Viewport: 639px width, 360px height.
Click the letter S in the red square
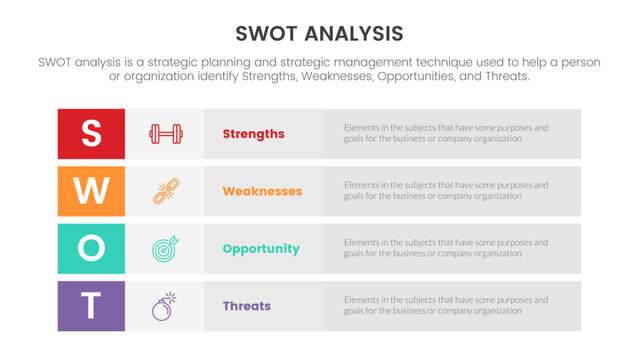(x=91, y=134)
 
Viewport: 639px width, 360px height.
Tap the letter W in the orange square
(x=91, y=191)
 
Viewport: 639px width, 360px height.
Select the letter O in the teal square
(x=91, y=248)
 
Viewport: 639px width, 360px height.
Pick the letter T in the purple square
(x=91, y=306)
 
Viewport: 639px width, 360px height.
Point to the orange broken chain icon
(x=164, y=191)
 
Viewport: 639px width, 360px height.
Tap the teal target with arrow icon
(x=164, y=248)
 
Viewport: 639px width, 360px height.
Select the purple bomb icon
(x=164, y=306)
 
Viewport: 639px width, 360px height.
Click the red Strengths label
(x=253, y=134)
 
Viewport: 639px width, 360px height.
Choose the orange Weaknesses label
(x=262, y=191)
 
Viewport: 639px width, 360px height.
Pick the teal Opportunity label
(x=260, y=249)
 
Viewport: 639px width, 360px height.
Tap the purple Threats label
(x=246, y=306)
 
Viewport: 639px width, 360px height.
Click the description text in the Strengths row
(x=445, y=134)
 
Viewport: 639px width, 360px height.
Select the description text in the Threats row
(x=445, y=306)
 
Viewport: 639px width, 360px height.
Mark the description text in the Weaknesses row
(x=445, y=191)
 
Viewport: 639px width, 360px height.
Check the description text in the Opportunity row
(x=445, y=248)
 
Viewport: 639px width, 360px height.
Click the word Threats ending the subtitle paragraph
(x=506, y=77)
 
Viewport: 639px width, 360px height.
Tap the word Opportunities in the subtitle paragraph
(x=409, y=77)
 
